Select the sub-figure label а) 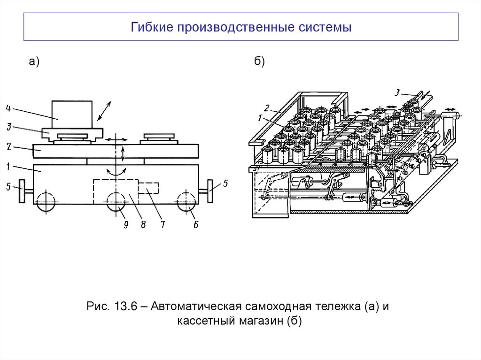click(34, 61)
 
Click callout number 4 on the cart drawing click(8, 108)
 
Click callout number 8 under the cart click(142, 224)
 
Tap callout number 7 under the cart click(162, 224)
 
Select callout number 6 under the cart click(195, 224)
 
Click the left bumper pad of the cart click(21, 191)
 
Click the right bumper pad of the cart click(211, 191)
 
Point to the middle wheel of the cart click(115, 202)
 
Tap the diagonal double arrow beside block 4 click(103, 111)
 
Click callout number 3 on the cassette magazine click(397, 93)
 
